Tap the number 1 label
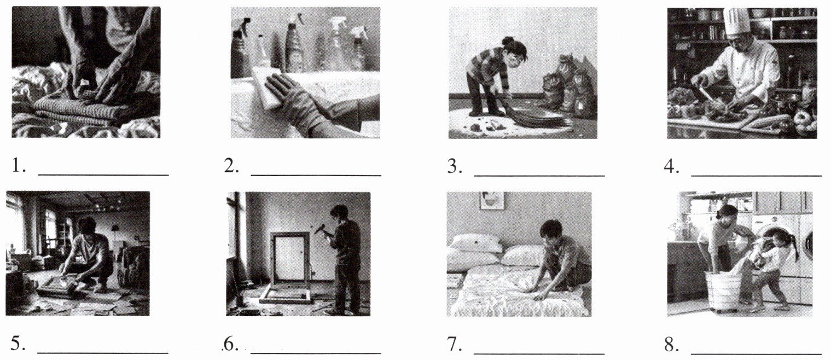(x=19, y=166)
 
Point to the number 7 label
(x=455, y=344)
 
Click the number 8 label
(x=672, y=344)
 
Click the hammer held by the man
(x=321, y=229)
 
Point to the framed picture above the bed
(x=492, y=200)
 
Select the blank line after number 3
(x=539, y=175)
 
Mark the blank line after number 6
(x=316, y=353)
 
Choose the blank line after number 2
(x=316, y=175)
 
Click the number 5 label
(x=18, y=344)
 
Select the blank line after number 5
(x=103, y=352)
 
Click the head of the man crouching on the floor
(x=87, y=227)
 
